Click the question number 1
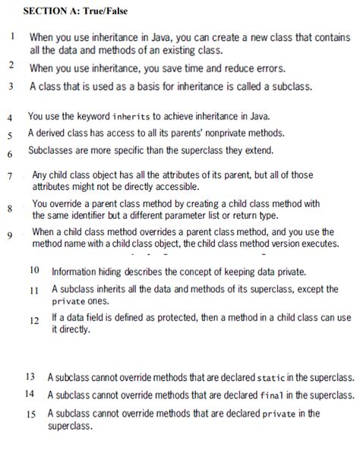click(x=14, y=36)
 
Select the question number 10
click(x=34, y=271)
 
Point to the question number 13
click(x=30, y=377)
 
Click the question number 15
click(x=30, y=414)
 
